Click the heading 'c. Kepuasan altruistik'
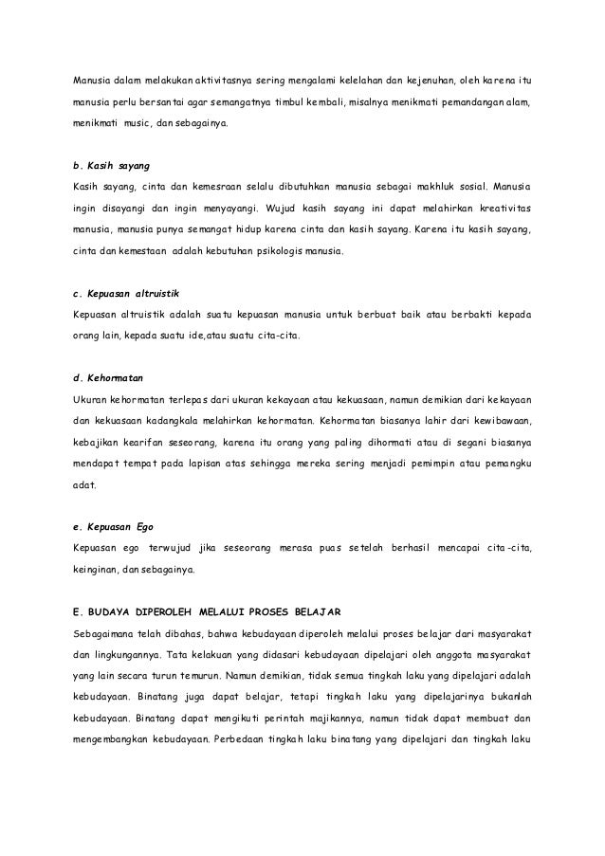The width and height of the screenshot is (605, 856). click(120, 291)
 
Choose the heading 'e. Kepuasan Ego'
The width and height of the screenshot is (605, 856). click(107, 526)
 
